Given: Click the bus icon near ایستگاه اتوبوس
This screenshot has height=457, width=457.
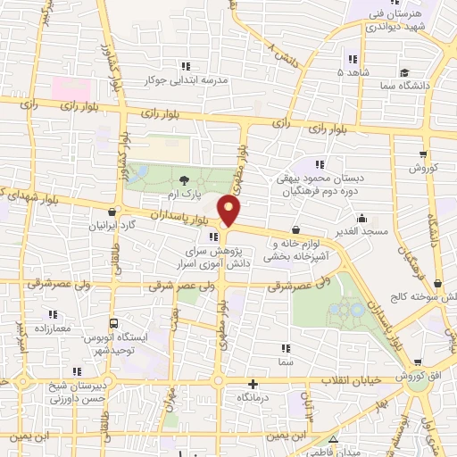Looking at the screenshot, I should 113,324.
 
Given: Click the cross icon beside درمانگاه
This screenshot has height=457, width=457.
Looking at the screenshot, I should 253,383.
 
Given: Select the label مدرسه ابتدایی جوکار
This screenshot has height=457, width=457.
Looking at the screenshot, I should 187,79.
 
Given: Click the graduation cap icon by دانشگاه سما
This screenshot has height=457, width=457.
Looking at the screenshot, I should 404,71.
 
